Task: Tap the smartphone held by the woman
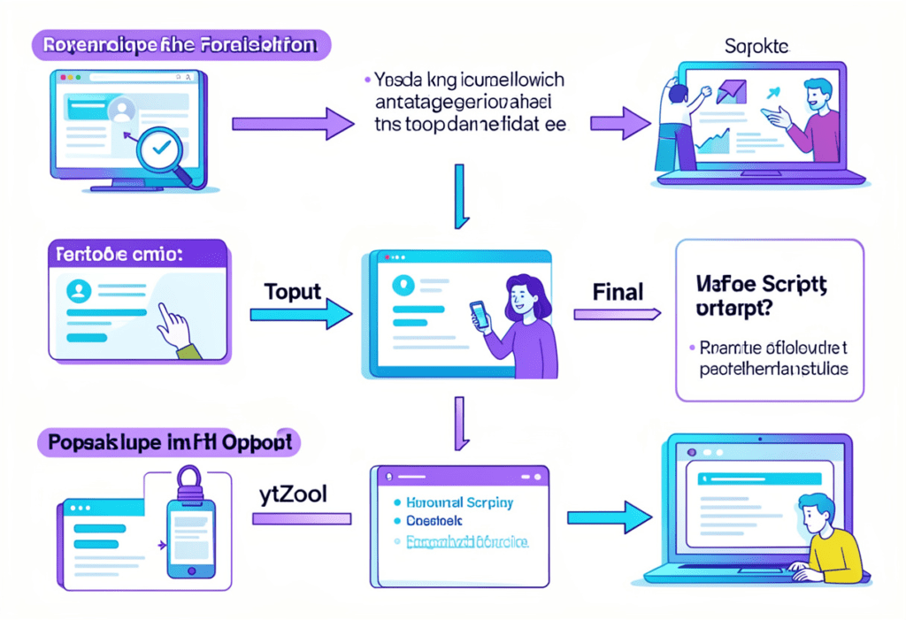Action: click(479, 314)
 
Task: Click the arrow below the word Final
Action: click(617, 313)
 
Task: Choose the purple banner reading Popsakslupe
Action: click(168, 443)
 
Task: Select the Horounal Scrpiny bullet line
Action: click(457, 502)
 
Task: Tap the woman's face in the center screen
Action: click(522, 296)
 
